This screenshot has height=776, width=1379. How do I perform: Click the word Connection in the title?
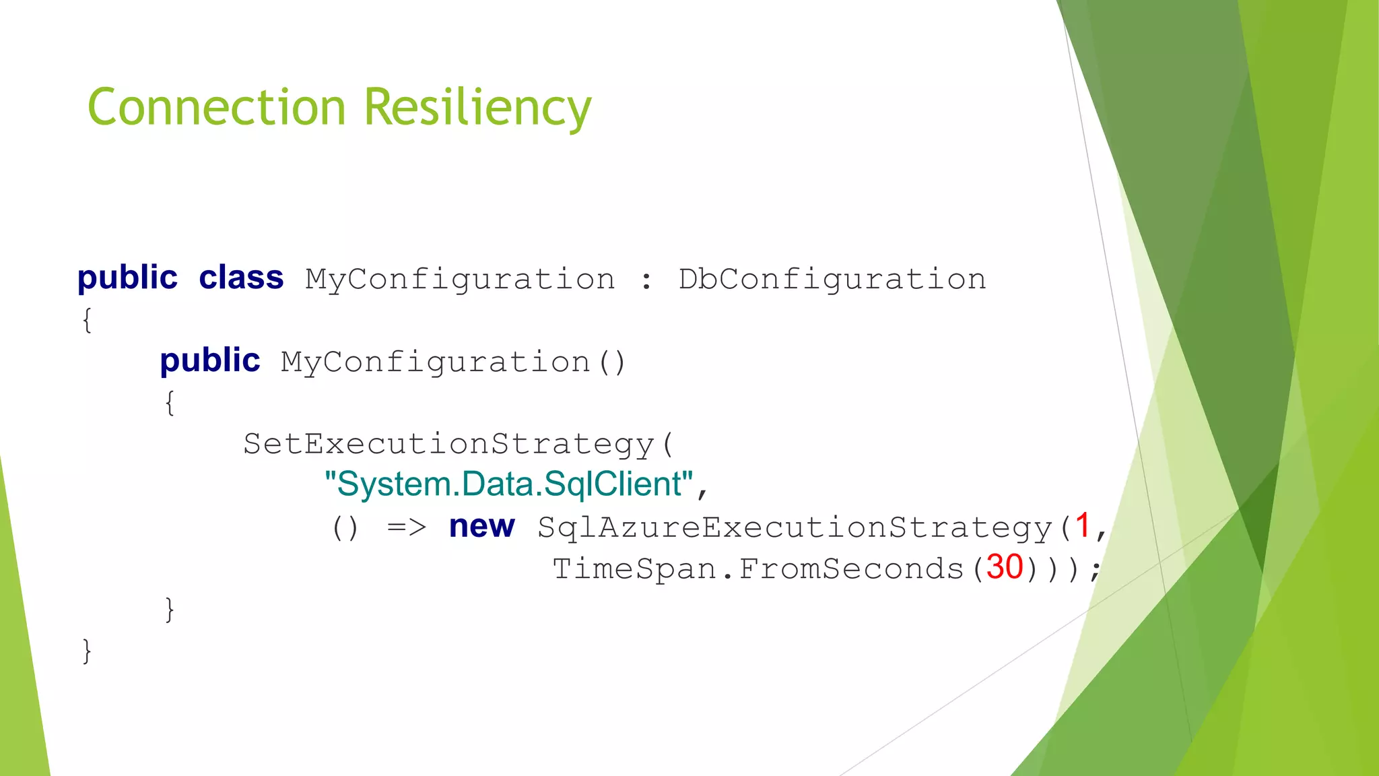(216, 107)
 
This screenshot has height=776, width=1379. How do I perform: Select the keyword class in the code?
(241, 278)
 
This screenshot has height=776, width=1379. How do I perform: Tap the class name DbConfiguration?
(832, 279)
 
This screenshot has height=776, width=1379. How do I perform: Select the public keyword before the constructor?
(209, 361)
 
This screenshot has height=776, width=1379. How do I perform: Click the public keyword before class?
(127, 278)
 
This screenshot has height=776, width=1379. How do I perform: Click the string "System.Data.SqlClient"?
(508, 484)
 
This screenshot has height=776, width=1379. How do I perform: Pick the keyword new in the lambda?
(481, 526)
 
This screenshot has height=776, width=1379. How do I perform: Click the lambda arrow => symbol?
(407, 527)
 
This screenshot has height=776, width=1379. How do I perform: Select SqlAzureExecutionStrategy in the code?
(795, 527)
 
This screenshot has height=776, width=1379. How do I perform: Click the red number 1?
(1082, 525)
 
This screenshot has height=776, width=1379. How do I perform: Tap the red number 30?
(1005, 567)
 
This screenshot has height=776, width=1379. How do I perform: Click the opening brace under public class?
(87, 320)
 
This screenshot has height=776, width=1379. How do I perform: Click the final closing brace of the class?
(87, 651)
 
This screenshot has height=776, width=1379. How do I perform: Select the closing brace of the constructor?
(170, 610)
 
